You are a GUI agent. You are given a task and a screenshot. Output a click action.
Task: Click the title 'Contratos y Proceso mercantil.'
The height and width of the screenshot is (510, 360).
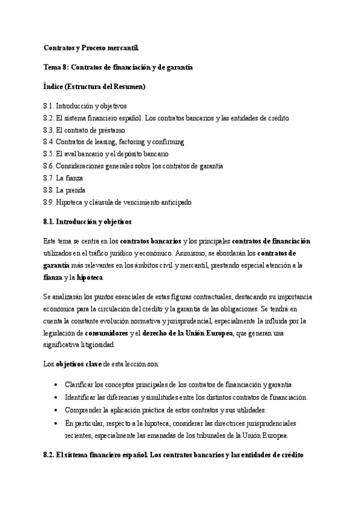click(x=94, y=47)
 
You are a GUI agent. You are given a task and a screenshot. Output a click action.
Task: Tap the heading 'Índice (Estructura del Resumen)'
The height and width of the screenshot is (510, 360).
click(x=95, y=87)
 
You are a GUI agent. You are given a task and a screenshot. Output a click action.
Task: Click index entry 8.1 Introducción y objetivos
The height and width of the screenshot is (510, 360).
click(x=85, y=106)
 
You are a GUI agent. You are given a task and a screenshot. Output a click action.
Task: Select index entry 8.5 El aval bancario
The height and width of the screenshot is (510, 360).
click(x=110, y=154)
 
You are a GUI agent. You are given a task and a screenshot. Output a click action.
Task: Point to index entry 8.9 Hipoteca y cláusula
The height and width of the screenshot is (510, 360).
click(x=118, y=202)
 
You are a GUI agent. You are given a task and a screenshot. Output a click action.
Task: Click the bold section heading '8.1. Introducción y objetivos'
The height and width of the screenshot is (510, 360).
click(x=87, y=222)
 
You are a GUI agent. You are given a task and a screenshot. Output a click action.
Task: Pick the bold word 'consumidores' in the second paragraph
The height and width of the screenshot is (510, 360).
click(x=106, y=333)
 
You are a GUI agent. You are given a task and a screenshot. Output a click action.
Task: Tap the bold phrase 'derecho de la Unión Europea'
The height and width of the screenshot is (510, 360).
click(x=190, y=333)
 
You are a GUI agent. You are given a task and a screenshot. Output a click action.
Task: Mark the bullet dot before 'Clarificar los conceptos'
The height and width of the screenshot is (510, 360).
click(x=56, y=384)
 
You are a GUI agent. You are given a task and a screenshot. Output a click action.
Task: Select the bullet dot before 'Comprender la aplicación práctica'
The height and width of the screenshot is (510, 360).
click(x=56, y=410)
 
